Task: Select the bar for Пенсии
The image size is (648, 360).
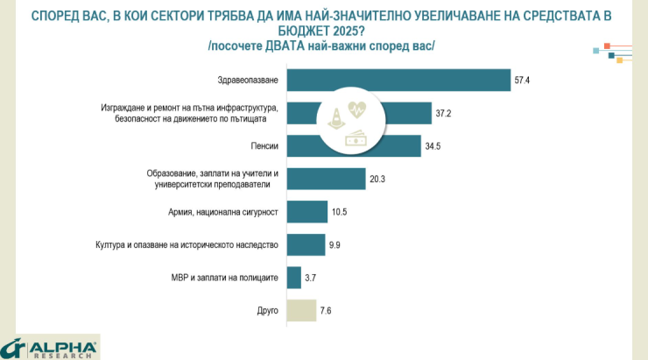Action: [306, 145]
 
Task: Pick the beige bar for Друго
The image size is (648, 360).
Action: [301, 310]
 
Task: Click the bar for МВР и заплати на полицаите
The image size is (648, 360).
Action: [293, 277]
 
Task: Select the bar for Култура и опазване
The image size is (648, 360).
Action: [306, 244]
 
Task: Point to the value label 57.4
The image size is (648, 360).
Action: [523, 81]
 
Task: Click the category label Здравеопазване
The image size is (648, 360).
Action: [248, 81]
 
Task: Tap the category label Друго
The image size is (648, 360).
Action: [268, 310]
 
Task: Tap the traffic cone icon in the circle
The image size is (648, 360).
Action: [336, 120]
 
